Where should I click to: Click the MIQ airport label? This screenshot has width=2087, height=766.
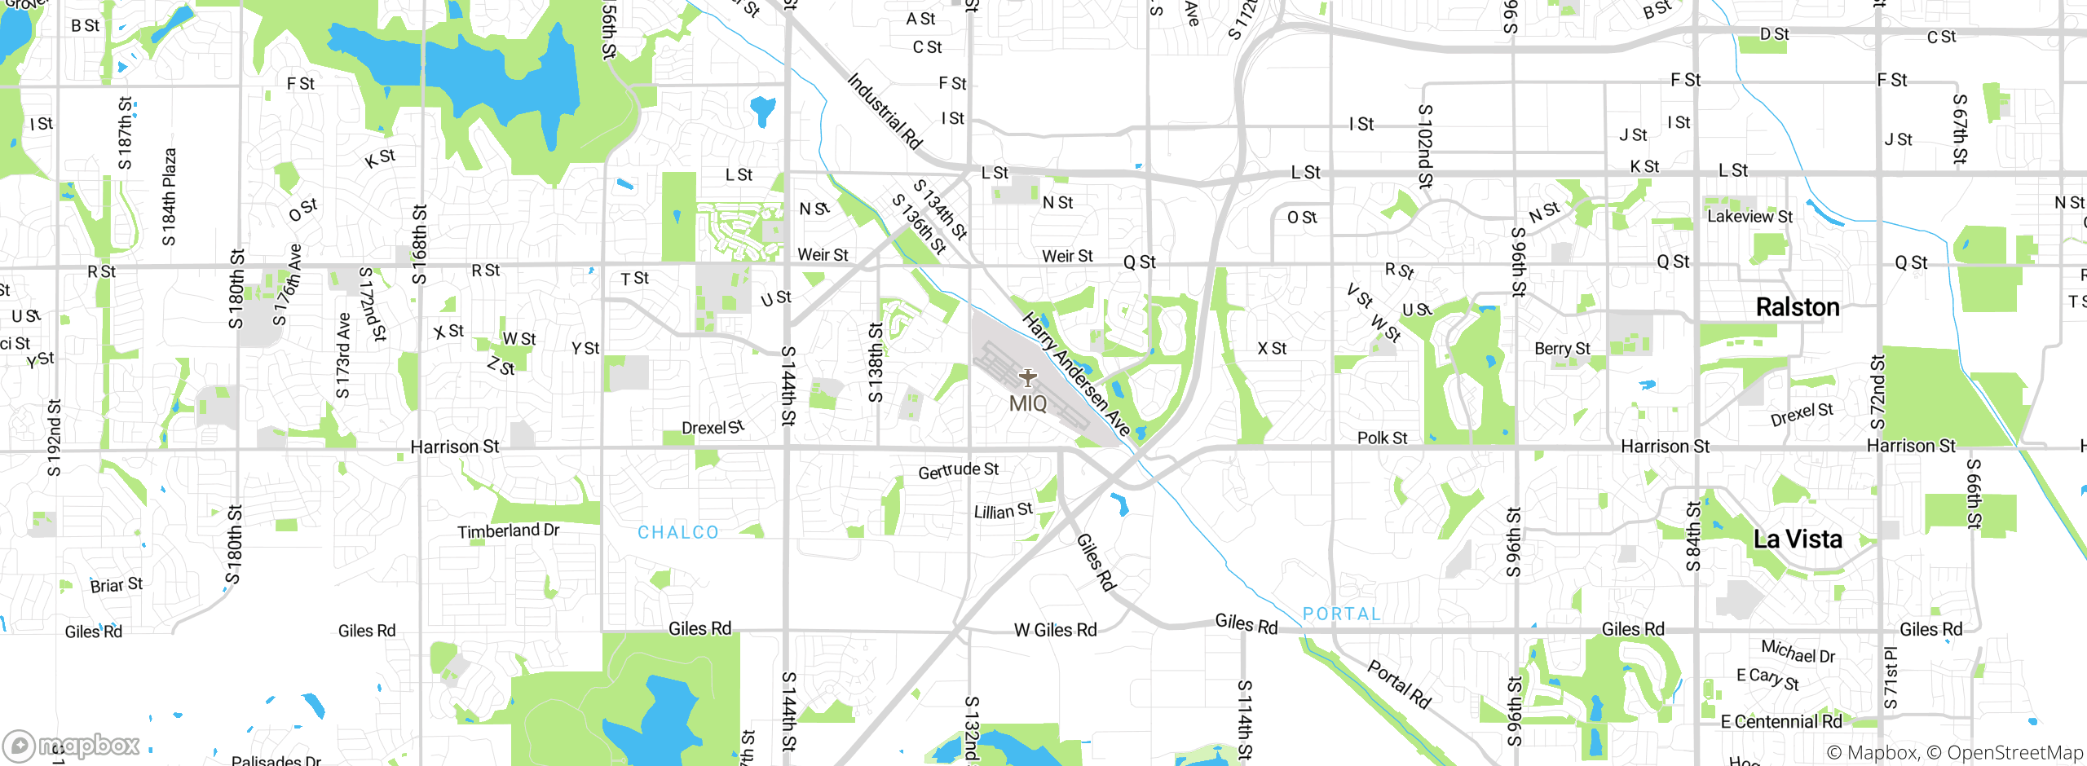click(x=1028, y=403)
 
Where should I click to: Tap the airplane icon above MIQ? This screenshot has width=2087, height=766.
click(x=1028, y=378)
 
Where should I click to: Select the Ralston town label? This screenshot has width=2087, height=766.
click(x=1798, y=307)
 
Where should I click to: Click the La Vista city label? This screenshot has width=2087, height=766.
click(x=1798, y=539)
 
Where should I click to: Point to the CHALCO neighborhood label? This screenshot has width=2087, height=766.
click(x=678, y=532)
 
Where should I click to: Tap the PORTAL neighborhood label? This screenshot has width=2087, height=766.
click(x=1342, y=614)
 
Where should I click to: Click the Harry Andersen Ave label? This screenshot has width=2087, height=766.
click(x=1075, y=374)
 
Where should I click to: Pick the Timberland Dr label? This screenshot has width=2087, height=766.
click(x=508, y=531)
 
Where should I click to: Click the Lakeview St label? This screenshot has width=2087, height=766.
click(x=1750, y=217)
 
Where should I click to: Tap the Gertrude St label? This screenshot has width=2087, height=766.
click(x=958, y=471)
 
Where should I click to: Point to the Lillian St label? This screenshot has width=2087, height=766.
click(x=1003, y=511)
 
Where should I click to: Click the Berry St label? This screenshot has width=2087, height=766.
click(x=1562, y=349)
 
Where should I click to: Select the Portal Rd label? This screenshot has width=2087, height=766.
click(x=1399, y=685)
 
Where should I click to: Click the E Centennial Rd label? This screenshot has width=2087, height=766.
click(x=1780, y=722)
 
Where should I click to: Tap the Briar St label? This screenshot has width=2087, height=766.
click(x=116, y=585)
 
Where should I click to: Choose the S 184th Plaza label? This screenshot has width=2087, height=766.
click(x=169, y=196)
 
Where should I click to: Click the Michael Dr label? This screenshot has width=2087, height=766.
click(x=1798, y=651)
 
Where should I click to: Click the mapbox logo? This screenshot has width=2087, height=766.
click(x=72, y=745)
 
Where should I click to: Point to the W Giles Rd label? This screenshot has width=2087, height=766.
click(x=1055, y=630)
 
